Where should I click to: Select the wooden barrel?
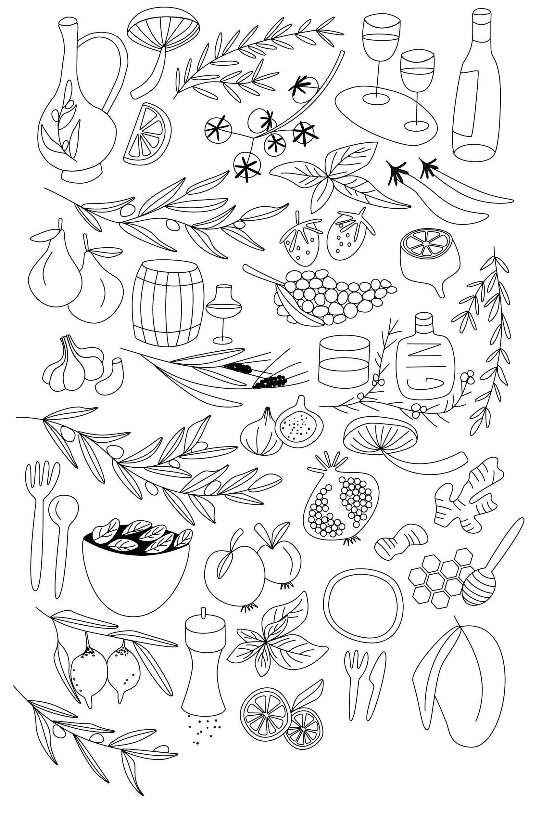[168, 303]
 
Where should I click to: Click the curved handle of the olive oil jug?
[106, 67]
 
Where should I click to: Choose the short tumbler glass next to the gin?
[344, 361]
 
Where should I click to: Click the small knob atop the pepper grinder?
[203, 614]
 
